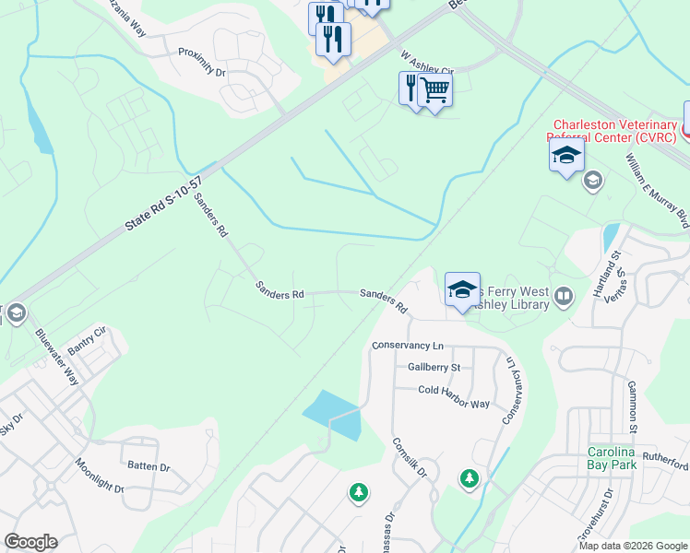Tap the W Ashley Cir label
(x=428, y=63)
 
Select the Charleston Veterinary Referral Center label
(x=613, y=131)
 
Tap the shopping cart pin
(x=434, y=90)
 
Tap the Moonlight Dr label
(x=99, y=476)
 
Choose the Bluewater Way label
(x=56, y=357)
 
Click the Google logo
(x=30, y=542)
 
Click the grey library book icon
(x=563, y=296)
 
